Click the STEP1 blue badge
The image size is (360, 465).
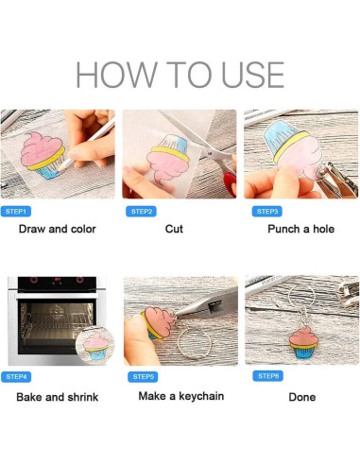(16, 212)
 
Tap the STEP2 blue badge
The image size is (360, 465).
(141, 212)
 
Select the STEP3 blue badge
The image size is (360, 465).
(267, 212)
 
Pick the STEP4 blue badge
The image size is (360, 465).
(16, 377)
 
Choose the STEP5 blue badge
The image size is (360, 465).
(143, 377)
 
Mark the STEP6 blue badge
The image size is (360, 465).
(268, 376)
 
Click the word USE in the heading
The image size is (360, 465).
(253, 75)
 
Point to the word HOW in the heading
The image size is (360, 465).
(116, 75)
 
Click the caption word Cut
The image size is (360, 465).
(174, 229)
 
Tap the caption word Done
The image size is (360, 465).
(302, 397)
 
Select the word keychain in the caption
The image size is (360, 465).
(201, 396)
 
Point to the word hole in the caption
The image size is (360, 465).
(323, 229)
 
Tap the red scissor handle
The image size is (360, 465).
(231, 183)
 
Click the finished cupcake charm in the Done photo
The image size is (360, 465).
(303, 342)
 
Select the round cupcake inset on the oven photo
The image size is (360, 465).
(95, 346)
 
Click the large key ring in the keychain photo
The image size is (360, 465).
(195, 342)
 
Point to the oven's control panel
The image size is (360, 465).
(57, 284)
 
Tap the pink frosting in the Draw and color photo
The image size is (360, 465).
(41, 149)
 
